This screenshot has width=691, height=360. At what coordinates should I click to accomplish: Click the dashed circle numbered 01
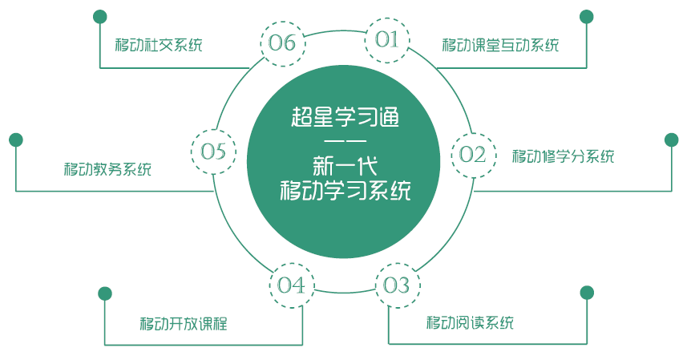387,40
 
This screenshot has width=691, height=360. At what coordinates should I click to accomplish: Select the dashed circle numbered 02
473,155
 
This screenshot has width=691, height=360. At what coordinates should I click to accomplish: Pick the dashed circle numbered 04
291,285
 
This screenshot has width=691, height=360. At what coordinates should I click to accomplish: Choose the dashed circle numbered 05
213,151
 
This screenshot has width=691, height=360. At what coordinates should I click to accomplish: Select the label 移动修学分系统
564,156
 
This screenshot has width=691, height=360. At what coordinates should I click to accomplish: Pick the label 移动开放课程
184,324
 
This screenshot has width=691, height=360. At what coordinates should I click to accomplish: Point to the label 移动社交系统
159,44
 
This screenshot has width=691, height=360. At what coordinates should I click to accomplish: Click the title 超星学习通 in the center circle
345,118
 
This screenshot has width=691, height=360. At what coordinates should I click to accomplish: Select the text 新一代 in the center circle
345,166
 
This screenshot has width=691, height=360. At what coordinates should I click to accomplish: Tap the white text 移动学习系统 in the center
345,192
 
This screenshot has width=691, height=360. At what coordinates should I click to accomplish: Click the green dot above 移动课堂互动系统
587,16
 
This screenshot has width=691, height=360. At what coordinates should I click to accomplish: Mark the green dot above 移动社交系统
99,16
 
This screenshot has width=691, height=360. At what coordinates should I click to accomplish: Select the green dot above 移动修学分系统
672,140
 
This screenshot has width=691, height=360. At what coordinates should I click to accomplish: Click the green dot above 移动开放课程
104,293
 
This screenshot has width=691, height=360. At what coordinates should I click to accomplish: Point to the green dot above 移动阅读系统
587,292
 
